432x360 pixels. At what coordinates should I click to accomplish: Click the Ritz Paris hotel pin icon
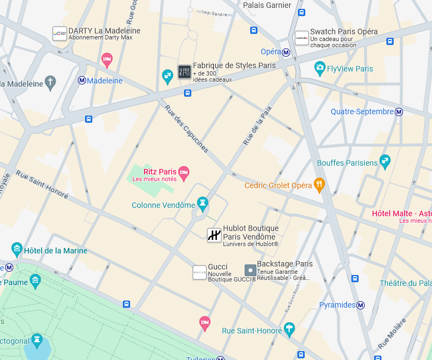[x=184, y=172]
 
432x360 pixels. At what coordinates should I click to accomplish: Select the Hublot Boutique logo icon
[x=214, y=235]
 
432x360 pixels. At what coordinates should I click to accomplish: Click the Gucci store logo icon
[x=200, y=272]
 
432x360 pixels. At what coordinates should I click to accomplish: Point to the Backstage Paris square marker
[x=250, y=271]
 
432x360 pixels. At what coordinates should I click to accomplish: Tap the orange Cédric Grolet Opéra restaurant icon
[x=319, y=184]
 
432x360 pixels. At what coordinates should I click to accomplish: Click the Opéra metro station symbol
[x=286, y=52]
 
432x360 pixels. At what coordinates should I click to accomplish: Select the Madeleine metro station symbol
[x=82, y=81]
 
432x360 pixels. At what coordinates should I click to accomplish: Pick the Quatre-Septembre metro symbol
[x=399, y=112]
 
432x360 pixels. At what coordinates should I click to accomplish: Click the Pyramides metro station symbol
[x=361, y=305]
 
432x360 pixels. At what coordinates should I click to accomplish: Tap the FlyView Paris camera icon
[x=319, y=68]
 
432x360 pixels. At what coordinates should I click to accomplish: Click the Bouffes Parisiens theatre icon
[x=385, y=162]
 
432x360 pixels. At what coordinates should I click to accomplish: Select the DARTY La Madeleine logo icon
[x=59, y=34]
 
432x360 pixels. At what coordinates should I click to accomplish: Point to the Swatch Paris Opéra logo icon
[x=301, y=38]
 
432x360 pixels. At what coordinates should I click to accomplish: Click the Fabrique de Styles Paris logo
[x=184, y=72]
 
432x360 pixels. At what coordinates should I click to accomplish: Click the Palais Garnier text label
[x=267, y=5]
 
